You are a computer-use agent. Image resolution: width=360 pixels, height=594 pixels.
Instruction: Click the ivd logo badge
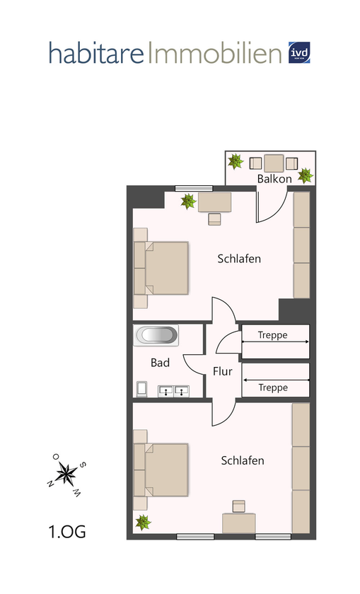click(x=300, y=52)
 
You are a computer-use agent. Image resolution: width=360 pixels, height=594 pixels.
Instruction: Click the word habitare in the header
click(x=96, y=53)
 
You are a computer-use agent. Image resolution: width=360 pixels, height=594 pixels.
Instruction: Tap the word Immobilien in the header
click(x=214, y=53)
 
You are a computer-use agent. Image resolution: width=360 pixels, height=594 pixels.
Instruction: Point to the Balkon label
click(x=274, y=179)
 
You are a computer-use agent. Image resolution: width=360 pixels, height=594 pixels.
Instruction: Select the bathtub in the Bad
click(x=157, y=335)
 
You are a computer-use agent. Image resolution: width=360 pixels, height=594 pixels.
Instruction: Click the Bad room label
click(x=160, y=363)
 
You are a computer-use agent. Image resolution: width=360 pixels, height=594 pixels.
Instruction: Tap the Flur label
click(x=222, y=371)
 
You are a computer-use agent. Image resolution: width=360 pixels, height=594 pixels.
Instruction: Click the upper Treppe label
click(x=272, y=335)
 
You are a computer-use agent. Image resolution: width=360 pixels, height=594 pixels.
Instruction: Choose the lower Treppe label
click(x=272, y=388)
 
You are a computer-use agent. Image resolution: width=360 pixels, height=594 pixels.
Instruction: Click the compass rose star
click(x=69, y=474)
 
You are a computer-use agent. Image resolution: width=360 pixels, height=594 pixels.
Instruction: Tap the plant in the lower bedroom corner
click(x=144, y=523)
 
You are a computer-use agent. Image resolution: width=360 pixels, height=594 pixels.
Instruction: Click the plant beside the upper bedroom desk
click(x=188, y=202)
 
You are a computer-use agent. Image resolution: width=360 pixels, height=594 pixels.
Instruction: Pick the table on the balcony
click(x=274, y=163)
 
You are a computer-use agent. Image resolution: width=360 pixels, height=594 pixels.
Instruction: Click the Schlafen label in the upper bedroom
click(x=239, y=259)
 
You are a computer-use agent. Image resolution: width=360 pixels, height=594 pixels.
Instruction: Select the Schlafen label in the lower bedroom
click(x=243, y=460)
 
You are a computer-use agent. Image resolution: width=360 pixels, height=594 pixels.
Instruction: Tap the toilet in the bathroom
click(x=142, y=388)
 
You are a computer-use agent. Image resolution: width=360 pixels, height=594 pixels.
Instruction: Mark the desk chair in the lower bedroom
click(x=239, y=506)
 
